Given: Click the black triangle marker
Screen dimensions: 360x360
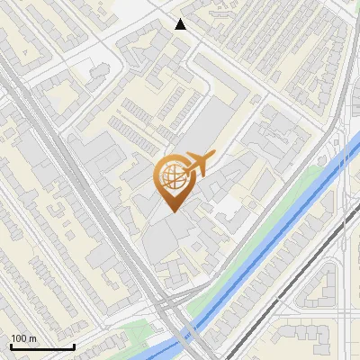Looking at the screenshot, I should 181,24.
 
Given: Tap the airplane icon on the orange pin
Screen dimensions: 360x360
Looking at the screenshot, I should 199,164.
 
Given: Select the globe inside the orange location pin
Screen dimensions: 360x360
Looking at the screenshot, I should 172,178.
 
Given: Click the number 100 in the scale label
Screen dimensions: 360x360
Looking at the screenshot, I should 19,338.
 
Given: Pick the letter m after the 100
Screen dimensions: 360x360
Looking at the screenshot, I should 32,338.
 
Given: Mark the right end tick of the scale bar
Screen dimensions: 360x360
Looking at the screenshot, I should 74,346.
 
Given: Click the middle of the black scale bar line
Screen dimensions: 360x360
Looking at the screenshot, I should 41,347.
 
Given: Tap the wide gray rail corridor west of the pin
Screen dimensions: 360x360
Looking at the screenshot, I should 99,207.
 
